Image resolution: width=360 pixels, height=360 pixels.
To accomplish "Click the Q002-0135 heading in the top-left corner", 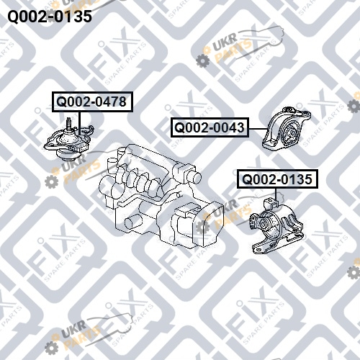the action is point(50,17).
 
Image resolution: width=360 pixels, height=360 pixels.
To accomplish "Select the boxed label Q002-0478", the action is point(92,102).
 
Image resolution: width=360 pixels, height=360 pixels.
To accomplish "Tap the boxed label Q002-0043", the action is point(210,127).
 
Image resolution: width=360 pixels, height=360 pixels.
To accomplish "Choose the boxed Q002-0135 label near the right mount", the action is point(277,179).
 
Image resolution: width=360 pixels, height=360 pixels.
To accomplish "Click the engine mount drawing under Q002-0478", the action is point(69,139).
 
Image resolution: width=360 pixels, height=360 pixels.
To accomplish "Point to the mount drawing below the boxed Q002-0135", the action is point(276,225).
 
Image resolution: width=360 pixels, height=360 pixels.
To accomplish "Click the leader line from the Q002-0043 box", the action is point(258,128).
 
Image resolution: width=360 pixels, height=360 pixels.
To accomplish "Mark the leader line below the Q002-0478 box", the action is point(80,123).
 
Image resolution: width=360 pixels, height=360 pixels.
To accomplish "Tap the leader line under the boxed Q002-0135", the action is point(276,194).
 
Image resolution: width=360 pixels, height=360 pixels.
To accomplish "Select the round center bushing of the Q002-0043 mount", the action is point(292,132).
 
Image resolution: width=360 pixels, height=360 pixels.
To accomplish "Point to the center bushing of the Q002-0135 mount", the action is point(264,224).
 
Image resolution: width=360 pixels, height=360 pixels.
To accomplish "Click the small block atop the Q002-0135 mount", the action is point(272,204).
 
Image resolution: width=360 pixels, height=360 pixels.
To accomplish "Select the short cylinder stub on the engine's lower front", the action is point(131,222).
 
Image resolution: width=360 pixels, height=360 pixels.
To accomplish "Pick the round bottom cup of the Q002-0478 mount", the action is point(67,156).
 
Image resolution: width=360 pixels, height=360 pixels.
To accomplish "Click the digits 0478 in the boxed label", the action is point(111,102).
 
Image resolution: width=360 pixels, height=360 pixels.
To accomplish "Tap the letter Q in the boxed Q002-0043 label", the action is point(179,127).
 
